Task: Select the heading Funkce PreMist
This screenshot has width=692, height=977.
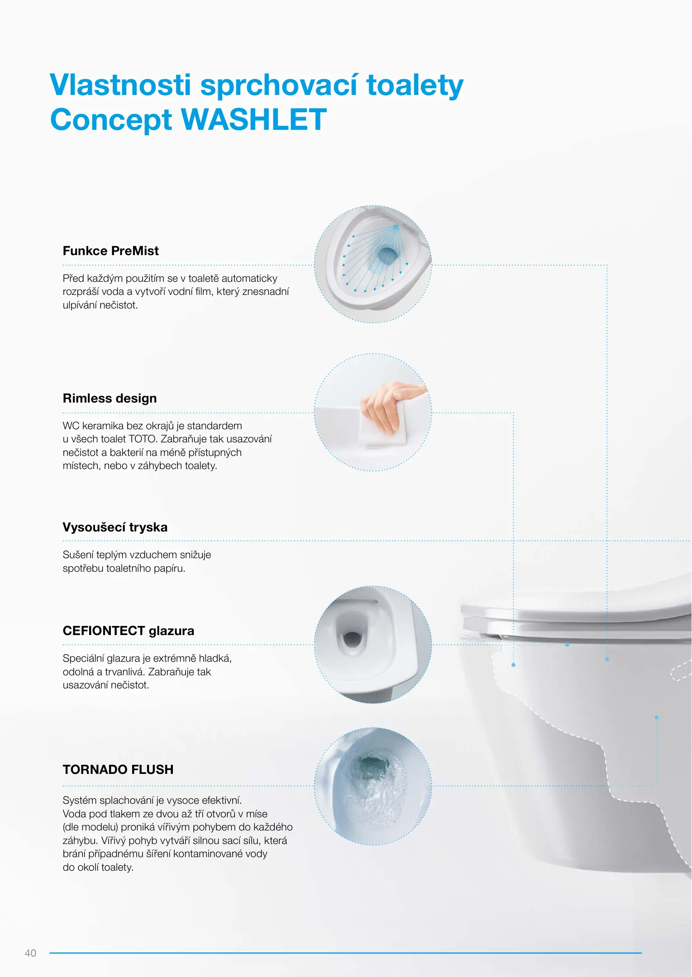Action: [x=111, y=251]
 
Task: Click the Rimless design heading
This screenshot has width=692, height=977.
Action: [x=110, y=398]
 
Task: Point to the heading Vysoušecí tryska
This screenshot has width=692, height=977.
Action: [x=115, y=527]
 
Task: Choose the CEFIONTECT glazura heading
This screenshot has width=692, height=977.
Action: [x=129, y=631]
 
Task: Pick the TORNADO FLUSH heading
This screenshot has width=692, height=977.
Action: [x=118, y=769]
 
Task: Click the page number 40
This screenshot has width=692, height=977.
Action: [x=30, y=953]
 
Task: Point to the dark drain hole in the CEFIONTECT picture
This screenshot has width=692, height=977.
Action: [x=352, y=639]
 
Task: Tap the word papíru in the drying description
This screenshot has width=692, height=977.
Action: [x=168, y=569]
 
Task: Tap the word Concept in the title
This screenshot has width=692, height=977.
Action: [x=111, y=120]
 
